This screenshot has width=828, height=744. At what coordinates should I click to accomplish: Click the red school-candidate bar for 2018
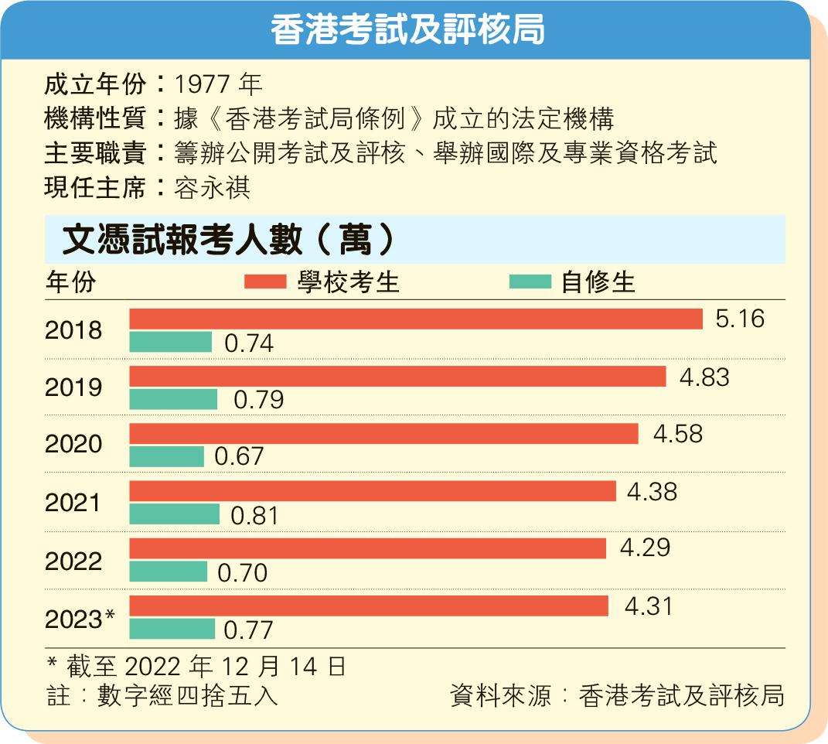tap(415, 319)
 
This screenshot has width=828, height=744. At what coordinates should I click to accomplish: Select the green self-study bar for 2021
tap(174, 514)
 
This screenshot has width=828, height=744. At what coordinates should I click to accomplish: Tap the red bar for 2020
tap(383, 434)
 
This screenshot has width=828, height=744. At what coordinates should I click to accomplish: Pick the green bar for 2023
tap(172, 629)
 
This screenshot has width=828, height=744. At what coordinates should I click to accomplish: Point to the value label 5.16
tap(739, 319)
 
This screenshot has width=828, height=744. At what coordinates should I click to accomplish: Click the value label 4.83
tap(704, 377)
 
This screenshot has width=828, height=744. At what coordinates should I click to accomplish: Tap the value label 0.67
tap(239, 457)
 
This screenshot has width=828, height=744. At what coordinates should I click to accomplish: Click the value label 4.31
tap(648, 606)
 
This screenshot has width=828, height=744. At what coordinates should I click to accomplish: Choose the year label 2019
tap(73, 387)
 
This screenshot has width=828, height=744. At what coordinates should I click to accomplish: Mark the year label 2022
tap(73, 561)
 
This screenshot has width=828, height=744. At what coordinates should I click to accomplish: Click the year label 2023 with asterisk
tap(80, 619)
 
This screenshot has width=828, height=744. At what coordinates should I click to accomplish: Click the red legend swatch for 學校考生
tap(265, 282)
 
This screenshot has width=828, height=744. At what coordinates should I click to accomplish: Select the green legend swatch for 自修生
tap(530, 282)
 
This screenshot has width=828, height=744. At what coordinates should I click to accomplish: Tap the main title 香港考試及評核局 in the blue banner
tap(407, 31)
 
